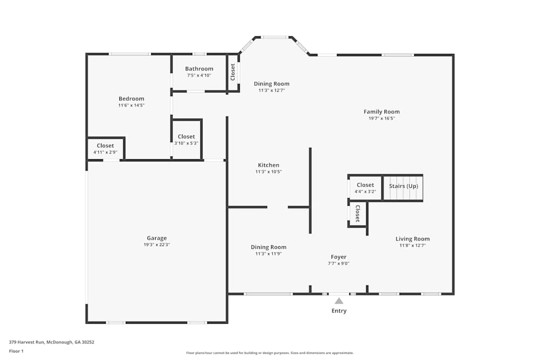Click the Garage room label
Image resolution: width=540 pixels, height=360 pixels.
[157, 238]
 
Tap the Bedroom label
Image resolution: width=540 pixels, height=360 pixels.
[131, 99]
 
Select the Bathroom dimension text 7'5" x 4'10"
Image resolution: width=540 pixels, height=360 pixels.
[199, 76]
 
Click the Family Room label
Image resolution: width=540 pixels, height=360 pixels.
[381, 112]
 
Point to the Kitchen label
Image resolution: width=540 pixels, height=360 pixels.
[268, 165]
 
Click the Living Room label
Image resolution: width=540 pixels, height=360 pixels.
[413, 239]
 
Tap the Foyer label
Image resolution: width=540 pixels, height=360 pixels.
[339, 257]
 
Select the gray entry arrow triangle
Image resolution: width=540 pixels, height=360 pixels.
[339, 301]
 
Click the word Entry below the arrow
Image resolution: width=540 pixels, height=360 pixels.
[339, 311]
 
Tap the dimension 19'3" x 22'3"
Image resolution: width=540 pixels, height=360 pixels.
[157, 245]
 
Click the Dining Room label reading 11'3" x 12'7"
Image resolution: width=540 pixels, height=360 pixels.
[272, 84]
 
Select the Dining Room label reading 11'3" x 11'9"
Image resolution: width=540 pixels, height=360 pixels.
[268, 247]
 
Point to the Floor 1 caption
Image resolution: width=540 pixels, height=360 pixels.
[16, 351]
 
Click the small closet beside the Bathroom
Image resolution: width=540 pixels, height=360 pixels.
[233, 72]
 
